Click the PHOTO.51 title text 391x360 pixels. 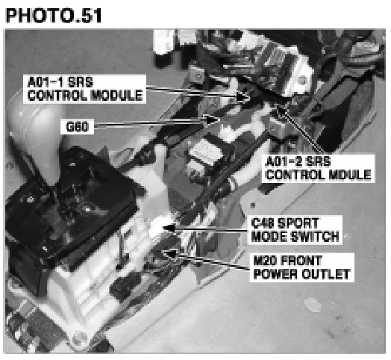[54, 15]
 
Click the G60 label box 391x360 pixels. [77, 126]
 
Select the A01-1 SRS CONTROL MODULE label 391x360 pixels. [85, 89]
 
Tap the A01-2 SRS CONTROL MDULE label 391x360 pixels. [318, 168]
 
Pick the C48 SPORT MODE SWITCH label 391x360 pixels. [295, 230]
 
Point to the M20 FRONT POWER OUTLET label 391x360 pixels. [302, 267]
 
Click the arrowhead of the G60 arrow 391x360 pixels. [213, 120]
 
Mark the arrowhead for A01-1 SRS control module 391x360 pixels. [243, 97]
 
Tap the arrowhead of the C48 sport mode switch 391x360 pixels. [169, 228]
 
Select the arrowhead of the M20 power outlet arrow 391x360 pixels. [171, 253]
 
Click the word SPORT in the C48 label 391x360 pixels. [298, 223]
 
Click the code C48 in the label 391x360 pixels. [263, 223]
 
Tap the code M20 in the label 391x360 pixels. [264, 261]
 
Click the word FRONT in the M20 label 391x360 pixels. [301, 261]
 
